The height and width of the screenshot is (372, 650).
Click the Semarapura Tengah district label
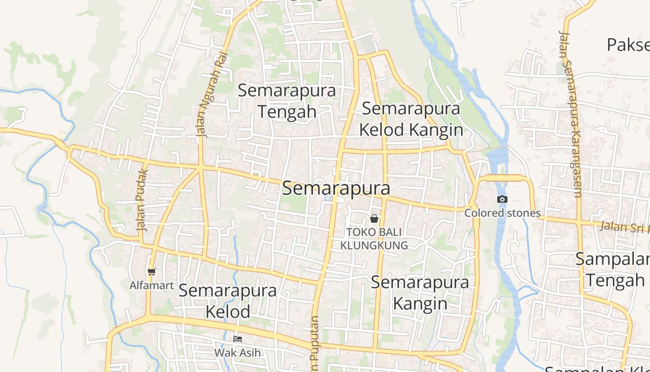(x=286, y=101)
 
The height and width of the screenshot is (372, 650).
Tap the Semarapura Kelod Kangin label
(x=411, y=119)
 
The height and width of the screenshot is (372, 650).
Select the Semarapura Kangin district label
(x=420, y=293)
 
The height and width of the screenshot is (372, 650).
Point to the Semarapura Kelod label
(x=227, y=301)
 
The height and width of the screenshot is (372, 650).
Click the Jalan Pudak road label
(x=143, y=200)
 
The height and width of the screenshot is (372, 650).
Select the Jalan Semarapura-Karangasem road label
(x=571, y=114)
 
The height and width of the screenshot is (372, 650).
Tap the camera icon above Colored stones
(x=502, y=199)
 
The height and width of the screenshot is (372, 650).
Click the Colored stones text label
(x=502, y=213)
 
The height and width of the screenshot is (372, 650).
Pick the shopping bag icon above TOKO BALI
(x=374, y=219)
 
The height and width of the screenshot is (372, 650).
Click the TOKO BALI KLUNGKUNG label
(x=374, y=239)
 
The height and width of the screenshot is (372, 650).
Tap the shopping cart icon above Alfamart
(x=151, y=272)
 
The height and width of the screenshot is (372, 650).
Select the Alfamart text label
(x=151, y=286)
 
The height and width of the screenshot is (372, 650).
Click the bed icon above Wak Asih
(x=238, y=339)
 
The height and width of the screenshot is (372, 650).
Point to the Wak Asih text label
(x=238, y=352)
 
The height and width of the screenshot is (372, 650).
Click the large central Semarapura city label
(x=336, y=188)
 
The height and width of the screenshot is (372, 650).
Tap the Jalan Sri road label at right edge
(x=624, y=227)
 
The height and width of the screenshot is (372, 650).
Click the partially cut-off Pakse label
(x=628, y=45)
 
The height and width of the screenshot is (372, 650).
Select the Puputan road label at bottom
(x=315, y=344)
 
